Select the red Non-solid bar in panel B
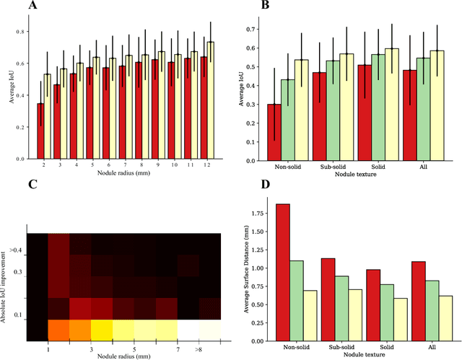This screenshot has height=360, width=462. click(x=274, y=132)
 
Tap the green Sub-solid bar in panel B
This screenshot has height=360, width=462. click(x=372, y=110)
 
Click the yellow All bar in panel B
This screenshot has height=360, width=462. click(x=437, y=105)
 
